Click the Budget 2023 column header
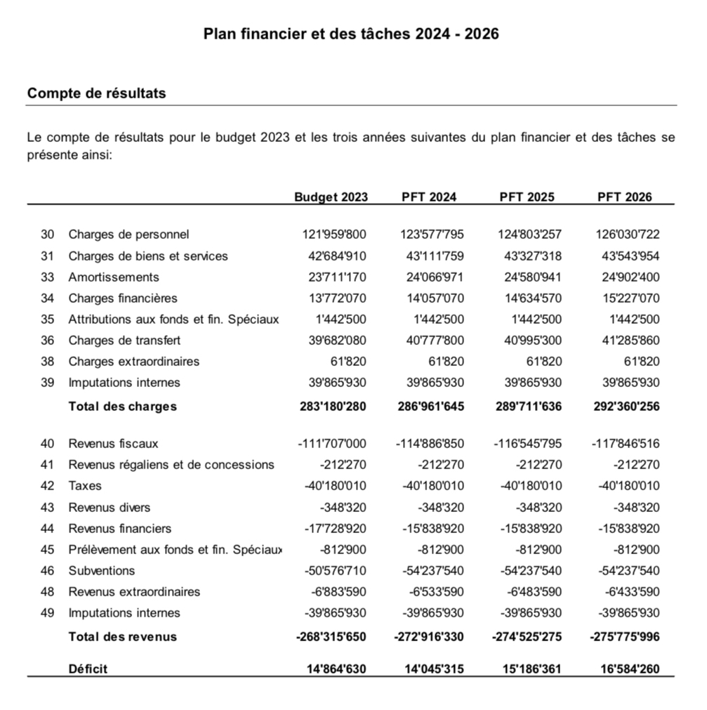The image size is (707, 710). click(331, 197)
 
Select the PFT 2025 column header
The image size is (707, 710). click(527, 197)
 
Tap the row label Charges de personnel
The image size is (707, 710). click(128, 234)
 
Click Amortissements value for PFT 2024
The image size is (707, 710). click(435, 277)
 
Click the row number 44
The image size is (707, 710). click(48, 528)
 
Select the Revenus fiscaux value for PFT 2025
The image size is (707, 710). click(527, 443)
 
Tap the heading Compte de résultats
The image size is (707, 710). click(96, 93)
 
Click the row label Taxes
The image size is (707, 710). click(85, 485)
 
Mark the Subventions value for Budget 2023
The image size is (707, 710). click(332, 570)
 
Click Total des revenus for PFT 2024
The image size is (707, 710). click(428, 637)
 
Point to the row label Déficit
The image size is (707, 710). click(88, 669)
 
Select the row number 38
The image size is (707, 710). click(48, 362)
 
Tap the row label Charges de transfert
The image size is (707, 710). click(124, 340)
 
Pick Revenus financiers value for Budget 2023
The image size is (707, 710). click(332, 528)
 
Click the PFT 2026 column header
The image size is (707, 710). click(624, 197)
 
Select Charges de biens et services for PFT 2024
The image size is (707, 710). click(435, 256)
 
